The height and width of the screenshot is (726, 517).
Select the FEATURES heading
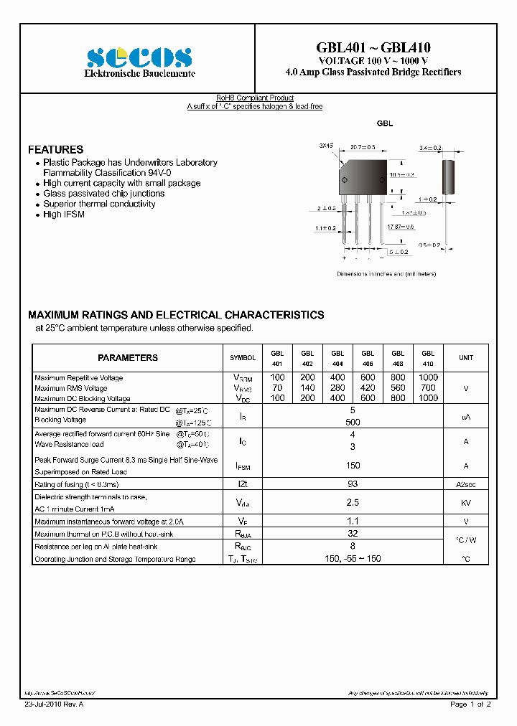[x=55, y=150]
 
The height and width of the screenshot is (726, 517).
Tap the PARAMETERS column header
[x=128, y=357]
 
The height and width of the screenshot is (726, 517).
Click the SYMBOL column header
[x=243, y=358]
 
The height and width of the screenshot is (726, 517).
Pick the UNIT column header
[x=466, y=358]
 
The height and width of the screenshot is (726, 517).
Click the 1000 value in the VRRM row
[x=428, y=377]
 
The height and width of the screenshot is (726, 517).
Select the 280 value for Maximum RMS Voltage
[x=337, y=388]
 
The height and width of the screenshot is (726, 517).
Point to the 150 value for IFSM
[x=353, y=466]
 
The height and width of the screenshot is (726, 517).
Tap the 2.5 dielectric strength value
[x=353, y=503]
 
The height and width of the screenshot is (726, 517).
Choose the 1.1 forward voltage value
[x=353, y=522]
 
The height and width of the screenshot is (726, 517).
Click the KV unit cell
[x=466, y=504]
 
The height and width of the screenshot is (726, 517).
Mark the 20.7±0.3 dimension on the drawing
[x=363, y=147]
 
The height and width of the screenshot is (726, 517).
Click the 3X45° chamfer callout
[x=327, y=146]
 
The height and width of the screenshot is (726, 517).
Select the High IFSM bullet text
[x=64, y=214]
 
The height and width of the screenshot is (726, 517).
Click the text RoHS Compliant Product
[x=255, y=98]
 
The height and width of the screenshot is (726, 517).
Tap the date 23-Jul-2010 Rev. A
[x=53, y=704]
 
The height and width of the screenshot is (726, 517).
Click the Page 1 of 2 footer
[x=470, y=704]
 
